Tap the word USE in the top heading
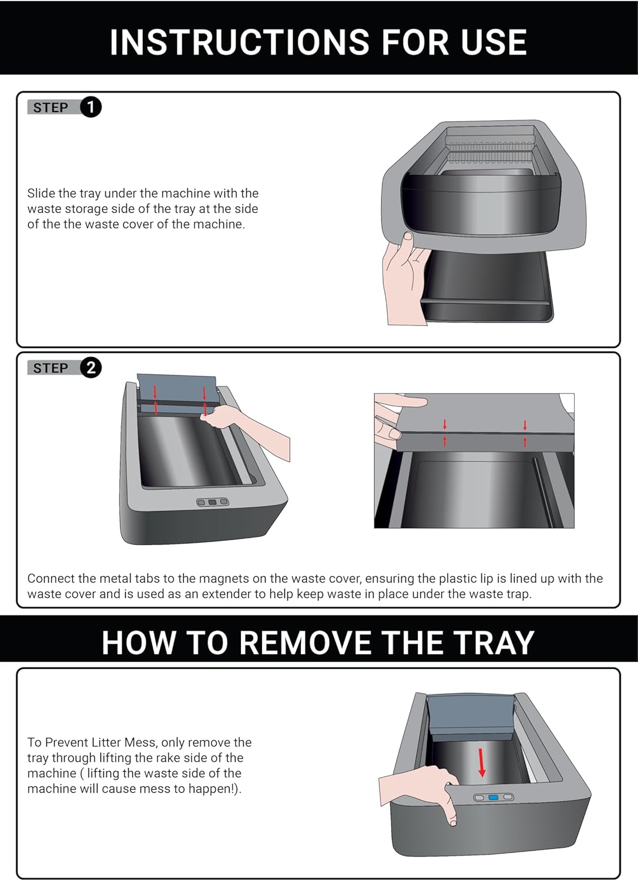(x=493, y=42)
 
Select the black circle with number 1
(x=90, y=107)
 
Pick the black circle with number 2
(x=90, y=368)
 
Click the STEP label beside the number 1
(x=51, y=107)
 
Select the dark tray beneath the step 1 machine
(x=488, y=288)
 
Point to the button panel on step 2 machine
(x=213, y=502)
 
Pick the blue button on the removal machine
(x=493, y=797)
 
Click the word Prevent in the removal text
(x=67, y=742)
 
